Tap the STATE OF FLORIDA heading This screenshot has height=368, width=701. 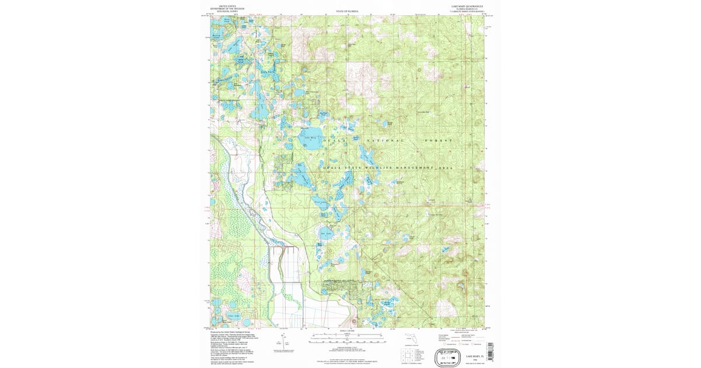coord(347,11)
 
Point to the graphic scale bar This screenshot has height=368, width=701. coord(347,338)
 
